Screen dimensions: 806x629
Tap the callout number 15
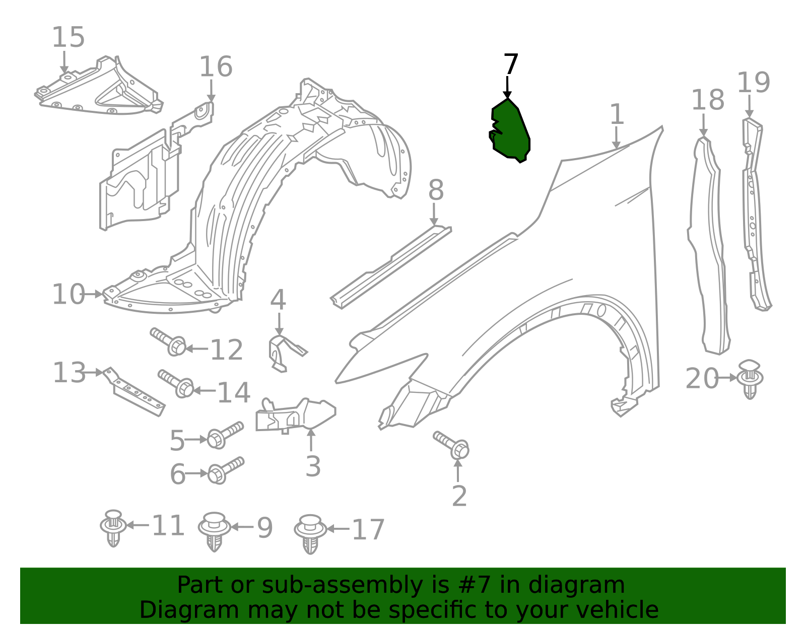click(x=68, y=37)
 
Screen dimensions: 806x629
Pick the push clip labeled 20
click(x=750, y=379)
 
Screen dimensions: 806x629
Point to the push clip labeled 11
click(x=113, y=528)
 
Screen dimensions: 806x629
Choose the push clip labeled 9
click(x=214, y=532)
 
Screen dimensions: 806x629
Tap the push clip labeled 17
click(x=310, y=534)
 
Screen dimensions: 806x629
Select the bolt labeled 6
click(x=226, y=470)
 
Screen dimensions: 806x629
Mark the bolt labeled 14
click(x=176, y=384)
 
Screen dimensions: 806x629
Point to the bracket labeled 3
click(x=296, y=415)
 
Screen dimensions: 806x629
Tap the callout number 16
click(x=216, y=67)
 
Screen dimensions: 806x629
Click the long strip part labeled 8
click(x=391, y=267)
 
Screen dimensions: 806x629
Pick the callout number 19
click(x=753, y=83)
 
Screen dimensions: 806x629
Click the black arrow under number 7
click(x=507, y=87)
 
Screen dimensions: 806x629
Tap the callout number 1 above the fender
click(x=617, y=114)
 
